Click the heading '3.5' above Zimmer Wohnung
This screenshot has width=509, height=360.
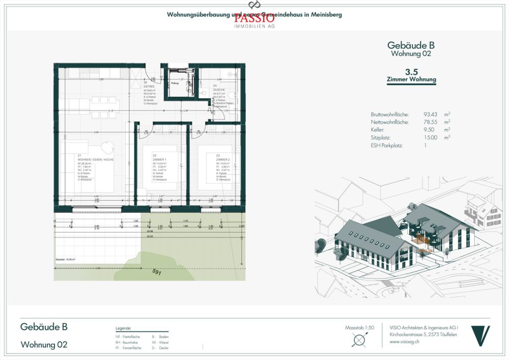(412, 72)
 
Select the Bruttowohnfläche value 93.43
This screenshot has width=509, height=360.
(417, 114)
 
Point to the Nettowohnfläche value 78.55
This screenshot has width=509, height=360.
(417, 122)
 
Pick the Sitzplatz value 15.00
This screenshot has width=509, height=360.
(417, 137)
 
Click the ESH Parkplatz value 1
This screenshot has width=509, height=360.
(411, 145)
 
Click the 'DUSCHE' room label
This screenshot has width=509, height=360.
(219, 89)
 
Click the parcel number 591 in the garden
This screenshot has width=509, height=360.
(156, 273)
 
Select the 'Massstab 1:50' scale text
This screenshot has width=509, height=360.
(359, 327)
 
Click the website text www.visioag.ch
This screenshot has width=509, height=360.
(405, 342)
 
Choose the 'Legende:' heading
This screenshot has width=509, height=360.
(124, 329)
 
